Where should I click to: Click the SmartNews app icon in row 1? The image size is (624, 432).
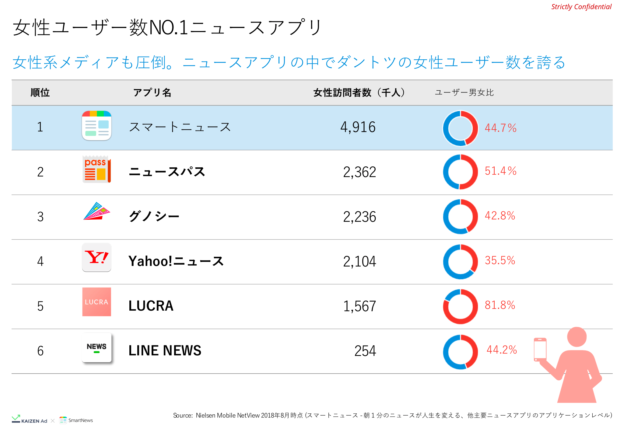pyautogui.click(x=96, y=126)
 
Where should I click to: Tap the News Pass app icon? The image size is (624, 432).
pyautogui.click(x=96, y=169)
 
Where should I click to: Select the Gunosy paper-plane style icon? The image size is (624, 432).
pyautogui.click(x=96, y=211)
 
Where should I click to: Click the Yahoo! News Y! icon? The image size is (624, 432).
pyautogui.click(x=96, y=257)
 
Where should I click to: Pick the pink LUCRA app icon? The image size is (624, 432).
pyautogui.click(x=96, y=302)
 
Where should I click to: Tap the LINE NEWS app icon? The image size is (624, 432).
pyautogui.click(x=96, y=348)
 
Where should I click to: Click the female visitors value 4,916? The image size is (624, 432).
pyautogui.click(x=358, y=127)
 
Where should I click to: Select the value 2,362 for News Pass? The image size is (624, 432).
pyautogui.click(x=359, y=172)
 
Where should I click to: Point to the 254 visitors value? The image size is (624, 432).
pyautogui.click(x=365, y=351)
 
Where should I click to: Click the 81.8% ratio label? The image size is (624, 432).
pyautogui.click(x=500, y=305)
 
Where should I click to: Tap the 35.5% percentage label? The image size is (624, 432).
pyautogui.click(x=500, y=260)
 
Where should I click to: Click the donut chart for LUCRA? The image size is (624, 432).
pyautogui.click(x=460, y=306)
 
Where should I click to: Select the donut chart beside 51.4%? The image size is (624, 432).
pyautogui.click(x=460, y=172)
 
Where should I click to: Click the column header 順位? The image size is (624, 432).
pyautogui.click(x=40, y=92)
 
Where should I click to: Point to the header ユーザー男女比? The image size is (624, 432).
pyautogui.click(x=464, y=92)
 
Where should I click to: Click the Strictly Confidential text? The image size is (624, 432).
pyautogui.click(x=581, y=7)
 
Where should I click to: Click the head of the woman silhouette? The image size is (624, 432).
pyautogui.click(x=577, y=337)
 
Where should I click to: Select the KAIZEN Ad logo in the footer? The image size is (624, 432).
pyautogui.click(x=30, y=420)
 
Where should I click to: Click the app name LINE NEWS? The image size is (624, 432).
pyautogui.click(x=165, y=351)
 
